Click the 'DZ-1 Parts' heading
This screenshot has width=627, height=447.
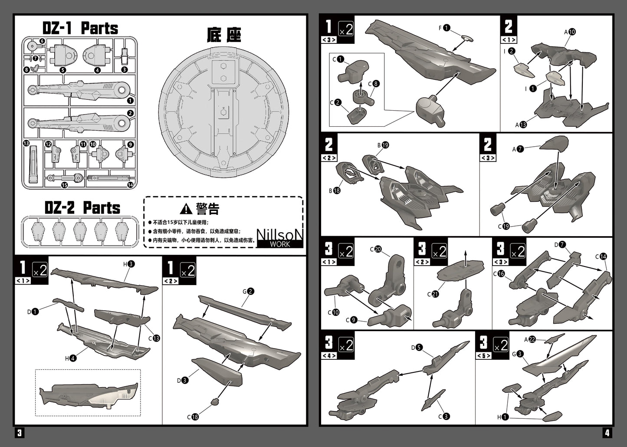coord(80,29)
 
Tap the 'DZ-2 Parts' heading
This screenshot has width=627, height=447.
coord(82,208)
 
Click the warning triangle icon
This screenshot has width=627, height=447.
coord(186,209)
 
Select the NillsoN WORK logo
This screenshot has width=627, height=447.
coord(279,238)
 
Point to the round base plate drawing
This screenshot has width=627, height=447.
coord(223,111)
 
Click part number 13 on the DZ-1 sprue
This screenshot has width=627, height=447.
coord(26,144)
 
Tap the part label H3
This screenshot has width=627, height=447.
coord(129,264)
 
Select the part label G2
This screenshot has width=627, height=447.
coord(248,292)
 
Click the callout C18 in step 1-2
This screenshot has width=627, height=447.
coord(192,417)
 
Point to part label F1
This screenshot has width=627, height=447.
coord(444,28)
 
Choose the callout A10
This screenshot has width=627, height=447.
coord(570,32)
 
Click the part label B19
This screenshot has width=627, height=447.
coord(383,145)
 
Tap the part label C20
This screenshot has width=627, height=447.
coord(375,249)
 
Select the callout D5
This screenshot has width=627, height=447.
coord(417,347)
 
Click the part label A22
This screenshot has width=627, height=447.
coord(529,339)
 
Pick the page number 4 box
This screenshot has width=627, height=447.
coord(607,433)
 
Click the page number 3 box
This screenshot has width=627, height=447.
coord(20,433)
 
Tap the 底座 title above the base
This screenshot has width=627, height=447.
coord(224,36)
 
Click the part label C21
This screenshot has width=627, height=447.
coord(432,294)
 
